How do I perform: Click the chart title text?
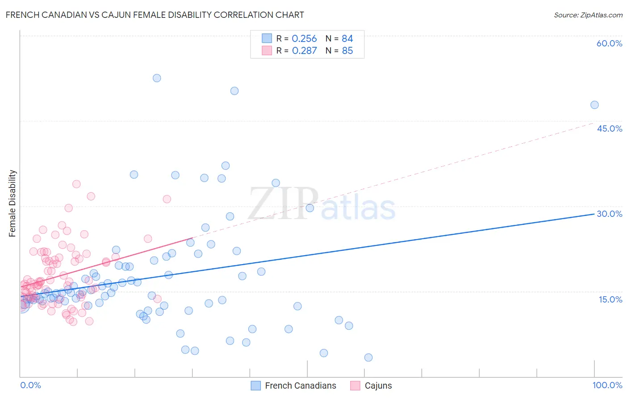pyautogui.click(x=155, y=15)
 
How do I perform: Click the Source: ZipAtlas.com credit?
pyautogui.click(x=588, y=15)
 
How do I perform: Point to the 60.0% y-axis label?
pyautogui.click(x=609, y=43)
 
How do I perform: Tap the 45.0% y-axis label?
pyautogui.click(x=609, y=129)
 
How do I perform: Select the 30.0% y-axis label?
pyautogui.click(x=609, y=214)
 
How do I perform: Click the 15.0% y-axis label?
pyautogui.click(x=610, y=299)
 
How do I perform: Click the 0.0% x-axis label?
pyautogui.click(x=30, y=385)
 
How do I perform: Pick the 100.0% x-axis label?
pyautogui.click(x=607, y=385)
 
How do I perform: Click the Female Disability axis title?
pyautogui.click(x=13, y=203)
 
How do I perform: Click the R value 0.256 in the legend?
pyautogui.click(x=304, y=39)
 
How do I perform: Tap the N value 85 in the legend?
pyautogui.click(x=347, y=51)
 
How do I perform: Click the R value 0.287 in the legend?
pyautogui.click(x=304, y=51)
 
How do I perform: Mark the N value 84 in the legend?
pyautogui.click(x=347, y=39)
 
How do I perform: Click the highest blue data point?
pyautogui.click(x=157, y=78)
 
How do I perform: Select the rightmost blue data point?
pyautogui.click(x=595, y=105)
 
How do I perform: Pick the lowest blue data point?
pyautogui.click(x=368, y=357)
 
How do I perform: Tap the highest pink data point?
pyautogui.click(x=76, y=184)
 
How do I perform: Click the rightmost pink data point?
pyautogui.click(x=167, y=199)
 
